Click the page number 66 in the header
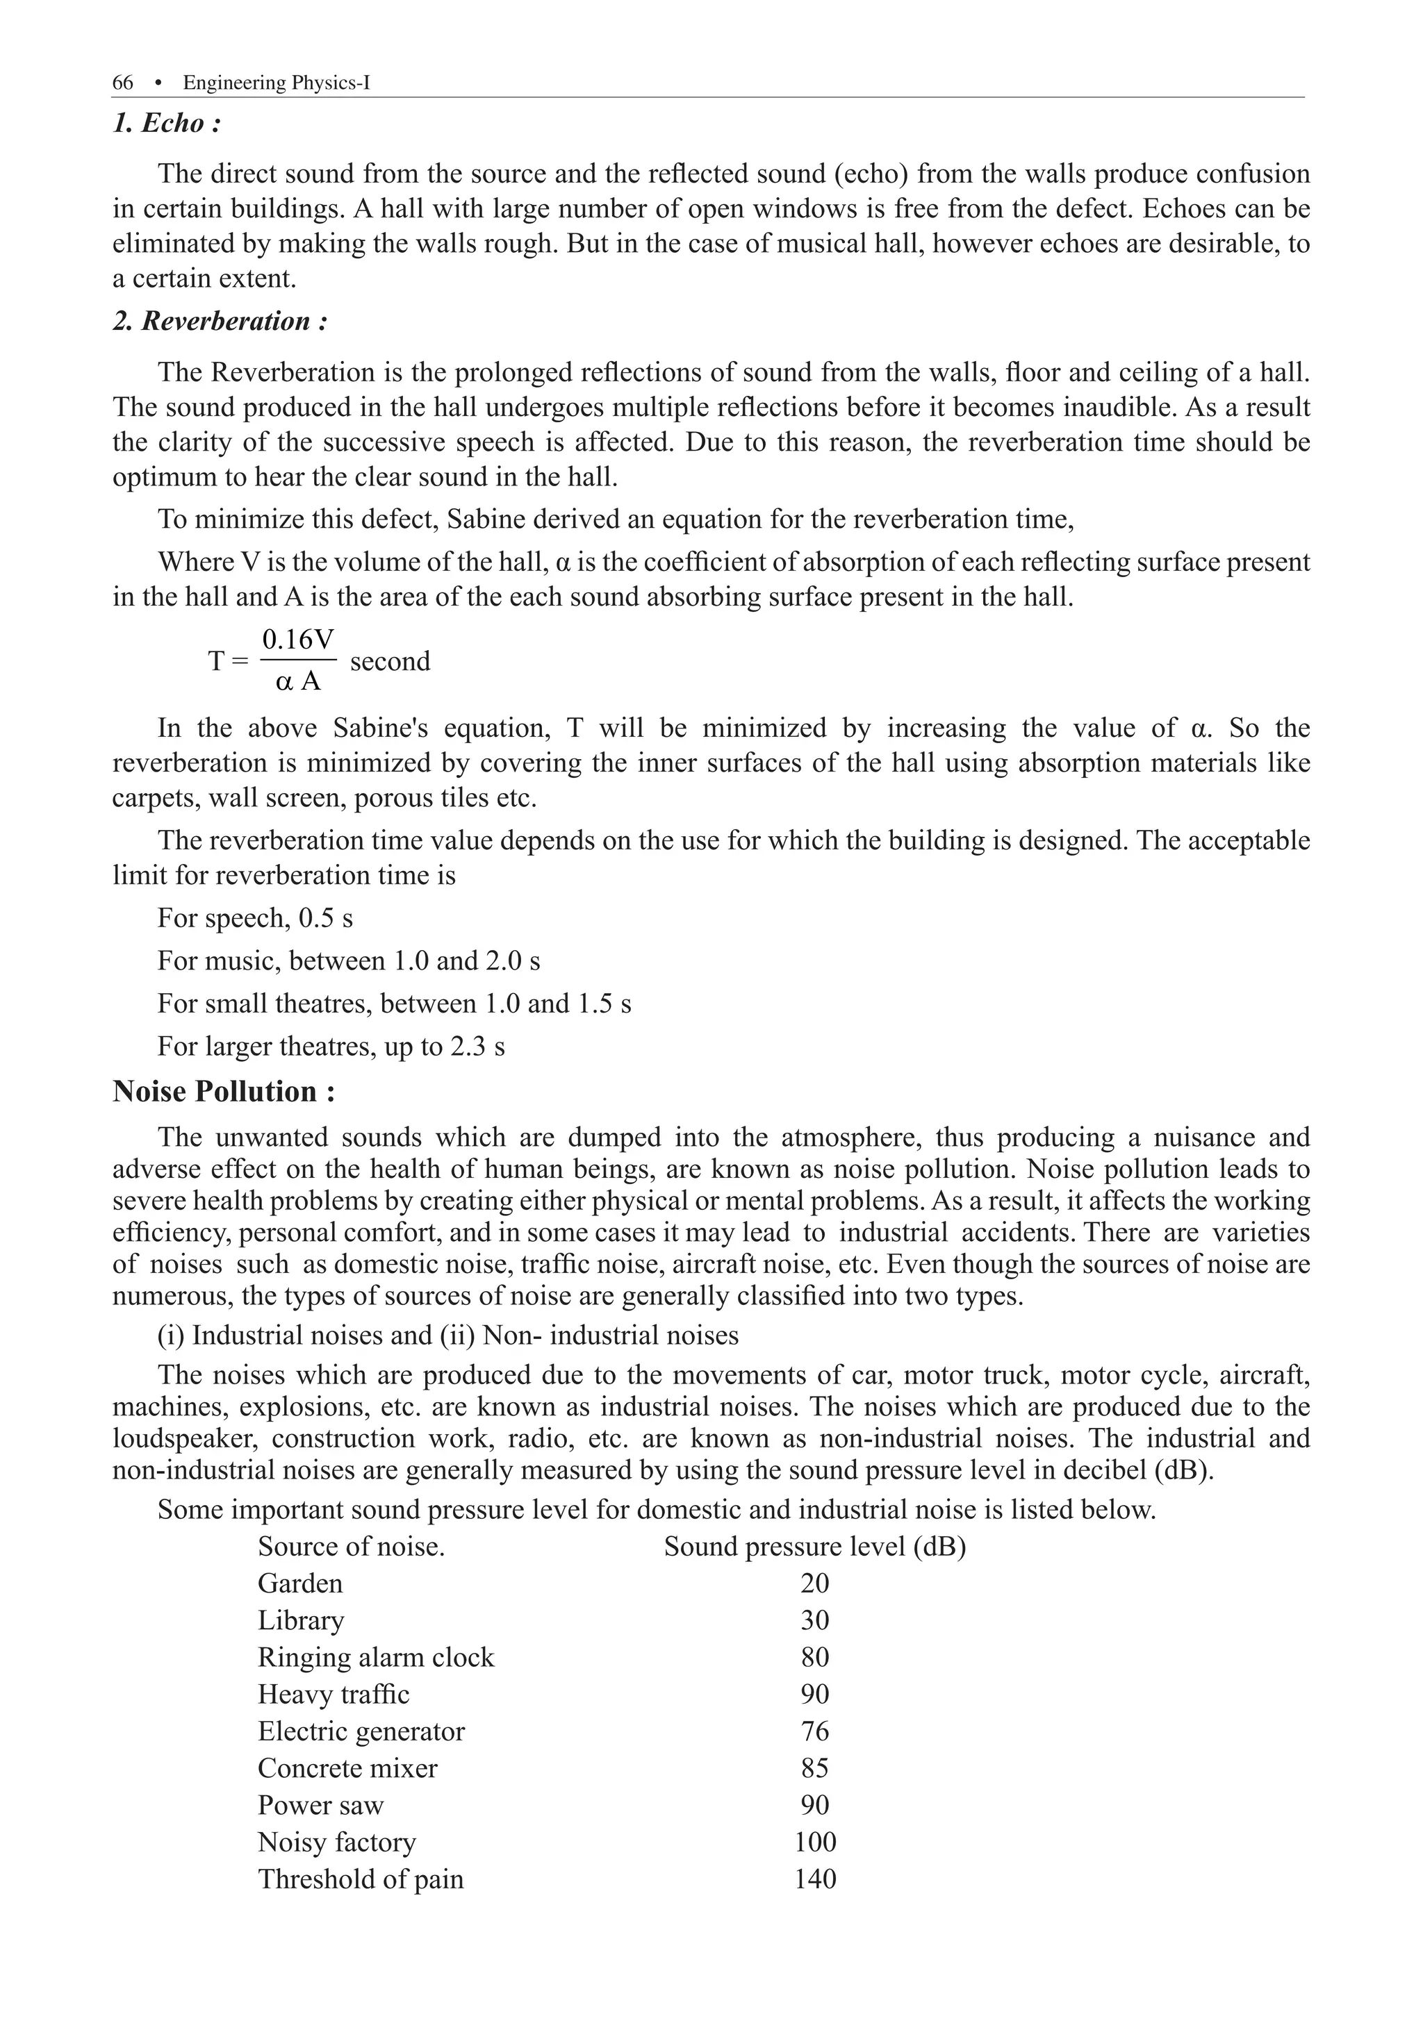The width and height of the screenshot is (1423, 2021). [x=122, y=83]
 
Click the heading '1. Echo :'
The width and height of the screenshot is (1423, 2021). [x=167, y=123]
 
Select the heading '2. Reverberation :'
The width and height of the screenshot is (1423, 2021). [x=220, y=322]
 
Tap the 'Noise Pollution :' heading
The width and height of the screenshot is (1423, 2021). [x=224, y=1092]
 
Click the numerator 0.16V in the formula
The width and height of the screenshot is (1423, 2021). [x=297, y=640]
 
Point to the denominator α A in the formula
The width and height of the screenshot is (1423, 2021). [x=297, y=681]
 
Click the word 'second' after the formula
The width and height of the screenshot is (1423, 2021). [x=390, y=661]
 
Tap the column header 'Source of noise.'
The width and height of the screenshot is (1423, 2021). [x=352, y=1547]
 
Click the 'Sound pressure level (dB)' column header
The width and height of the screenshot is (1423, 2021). [x=814, y=1547]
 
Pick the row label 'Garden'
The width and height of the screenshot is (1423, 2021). [x=299, y=1583]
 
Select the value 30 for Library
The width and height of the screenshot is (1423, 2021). [x=814, y=1620]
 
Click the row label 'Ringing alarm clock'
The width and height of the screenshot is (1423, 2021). [x=376, y=1658]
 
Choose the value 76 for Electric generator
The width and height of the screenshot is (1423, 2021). [x=814, y=1731]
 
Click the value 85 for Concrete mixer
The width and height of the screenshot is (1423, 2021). [x=814, y=1768]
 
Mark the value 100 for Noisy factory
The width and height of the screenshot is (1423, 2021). [x=814, y=1843]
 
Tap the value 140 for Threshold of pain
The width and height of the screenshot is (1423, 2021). [x=814, y=1879]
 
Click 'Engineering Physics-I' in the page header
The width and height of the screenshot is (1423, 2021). [x=277, y=83]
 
